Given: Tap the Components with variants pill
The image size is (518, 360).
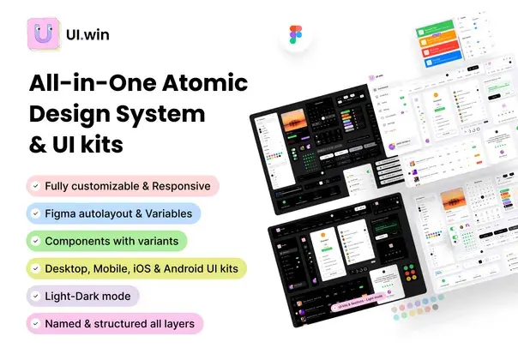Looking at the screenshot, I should pos(107,241).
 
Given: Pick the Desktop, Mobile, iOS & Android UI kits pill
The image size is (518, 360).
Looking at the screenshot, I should pos(136,268).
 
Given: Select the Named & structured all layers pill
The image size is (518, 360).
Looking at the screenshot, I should pos(115,323).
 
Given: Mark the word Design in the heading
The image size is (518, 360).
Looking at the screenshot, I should pos(70,114).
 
